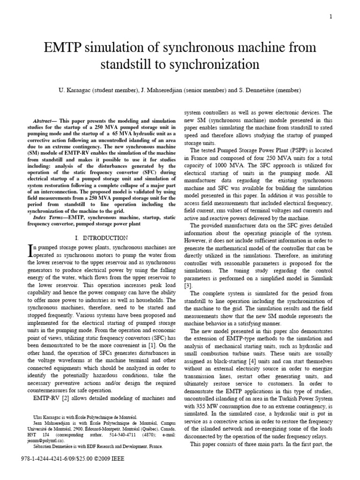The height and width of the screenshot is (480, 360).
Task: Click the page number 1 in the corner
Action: pos(331,17)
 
